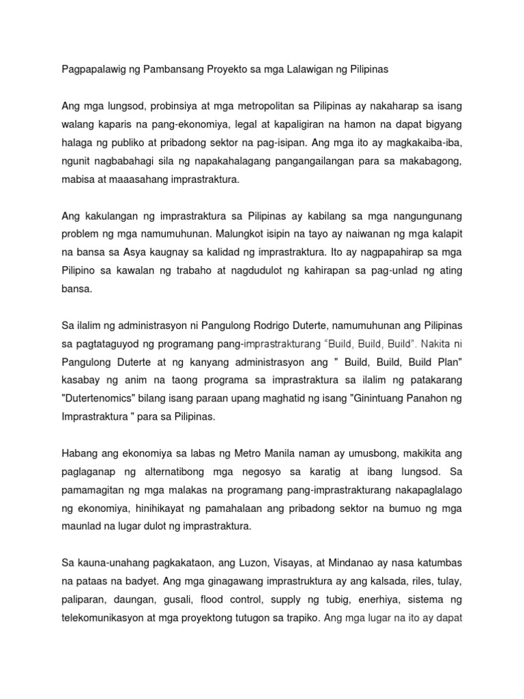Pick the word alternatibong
pyautogui.click(x=195, y=470)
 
